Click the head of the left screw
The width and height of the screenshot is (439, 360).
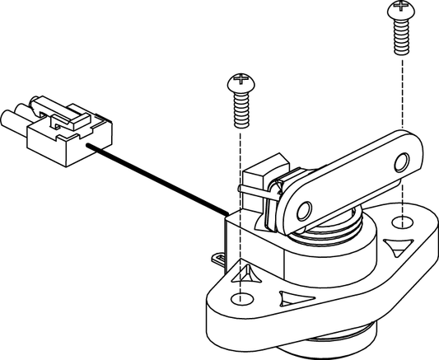238,82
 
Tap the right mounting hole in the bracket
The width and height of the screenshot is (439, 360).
399,222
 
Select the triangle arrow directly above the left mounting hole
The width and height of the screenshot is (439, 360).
245,273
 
